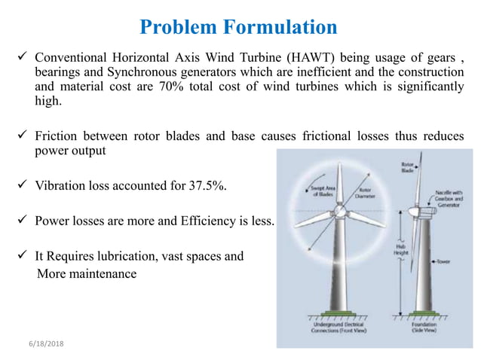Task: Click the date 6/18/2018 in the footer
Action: [x=44, y=343]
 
